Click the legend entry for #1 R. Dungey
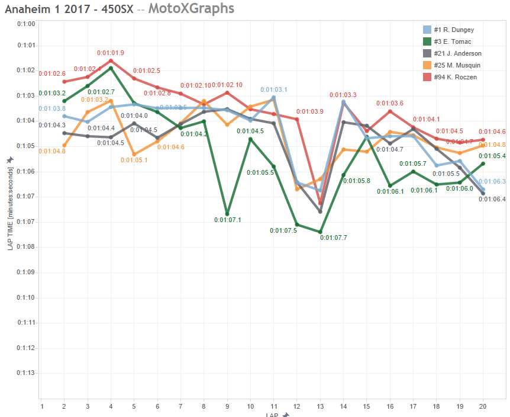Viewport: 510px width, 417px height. (453, 30)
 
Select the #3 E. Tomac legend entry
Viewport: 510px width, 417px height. (453, 41)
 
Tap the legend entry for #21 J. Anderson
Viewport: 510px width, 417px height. (457, 53)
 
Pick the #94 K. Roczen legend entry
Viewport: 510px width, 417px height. (454, 77)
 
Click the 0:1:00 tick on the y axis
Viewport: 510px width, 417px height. (26, 24)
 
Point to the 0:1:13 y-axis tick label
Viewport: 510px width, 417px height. (26, 373)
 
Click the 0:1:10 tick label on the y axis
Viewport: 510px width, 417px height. (26, 297)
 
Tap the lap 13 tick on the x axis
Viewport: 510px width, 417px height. (320, 407)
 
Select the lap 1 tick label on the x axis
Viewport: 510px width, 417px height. (41, 407)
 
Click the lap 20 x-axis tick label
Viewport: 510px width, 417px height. (483, 407)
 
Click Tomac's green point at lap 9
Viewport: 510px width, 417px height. (227, 214)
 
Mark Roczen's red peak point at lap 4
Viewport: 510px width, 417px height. (111, 60)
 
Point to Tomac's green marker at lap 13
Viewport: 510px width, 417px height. (320, 232)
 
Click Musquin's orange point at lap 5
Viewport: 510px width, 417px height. (134, 154)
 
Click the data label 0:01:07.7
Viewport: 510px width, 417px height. (333, 238)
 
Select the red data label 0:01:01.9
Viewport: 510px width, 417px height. (111, 53)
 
